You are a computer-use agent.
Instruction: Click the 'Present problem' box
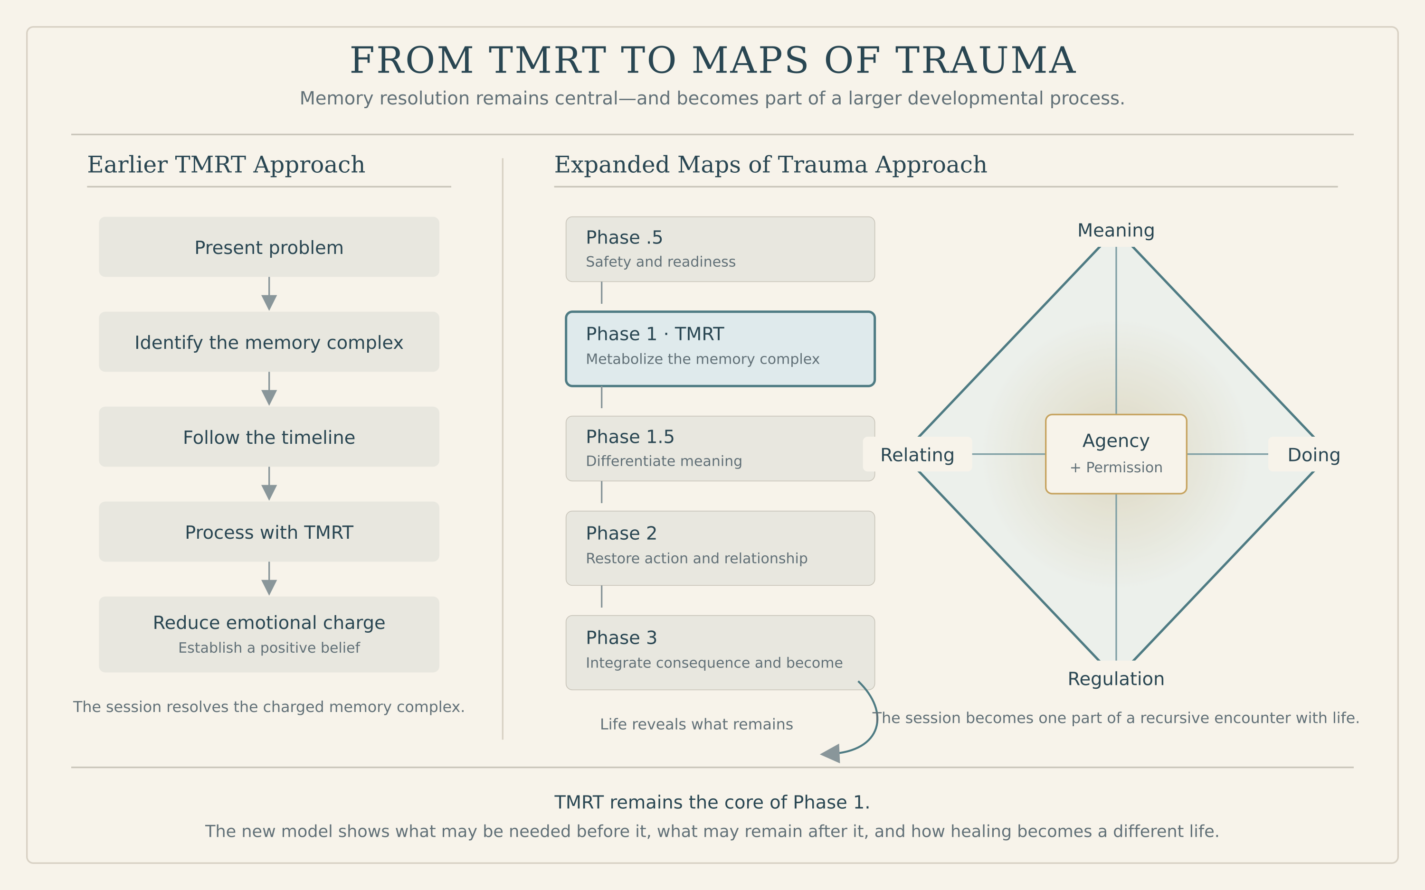(x=269, y=247)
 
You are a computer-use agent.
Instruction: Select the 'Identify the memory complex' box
(x=269, y=341)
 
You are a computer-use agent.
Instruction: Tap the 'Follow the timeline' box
(x=269, y=437)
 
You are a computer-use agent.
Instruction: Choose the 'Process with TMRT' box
(x=269, y=532)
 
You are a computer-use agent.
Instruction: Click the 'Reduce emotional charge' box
(x=269, y=635)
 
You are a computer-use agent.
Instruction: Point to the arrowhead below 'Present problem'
(x=269, y=302)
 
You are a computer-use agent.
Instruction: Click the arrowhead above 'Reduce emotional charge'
(x=269, y=588)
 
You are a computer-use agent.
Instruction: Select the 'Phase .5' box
(x=720, y=249)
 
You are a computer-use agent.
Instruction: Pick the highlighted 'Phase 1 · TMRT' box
(x=720, y=349)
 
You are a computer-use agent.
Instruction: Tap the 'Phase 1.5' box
(x=720, y=449)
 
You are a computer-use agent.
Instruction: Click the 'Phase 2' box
(x=720, y=548)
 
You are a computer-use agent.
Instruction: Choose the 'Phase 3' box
(x=720, y=653)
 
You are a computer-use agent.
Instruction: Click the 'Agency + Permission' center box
(x=1116, y=454)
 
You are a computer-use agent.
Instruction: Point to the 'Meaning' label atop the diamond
(x=1116, y=230)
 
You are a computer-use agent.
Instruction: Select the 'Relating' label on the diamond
(x=917, y=454)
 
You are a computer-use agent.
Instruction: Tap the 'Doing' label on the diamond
(x=1314, y=454)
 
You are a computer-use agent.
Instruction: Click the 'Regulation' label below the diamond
(x=1116, y=679)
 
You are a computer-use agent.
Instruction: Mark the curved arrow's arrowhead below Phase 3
(x=830, y=753)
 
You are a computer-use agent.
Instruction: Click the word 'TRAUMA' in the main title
(x=985, y=61)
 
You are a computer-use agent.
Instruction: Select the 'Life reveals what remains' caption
(x=697, y=724)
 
